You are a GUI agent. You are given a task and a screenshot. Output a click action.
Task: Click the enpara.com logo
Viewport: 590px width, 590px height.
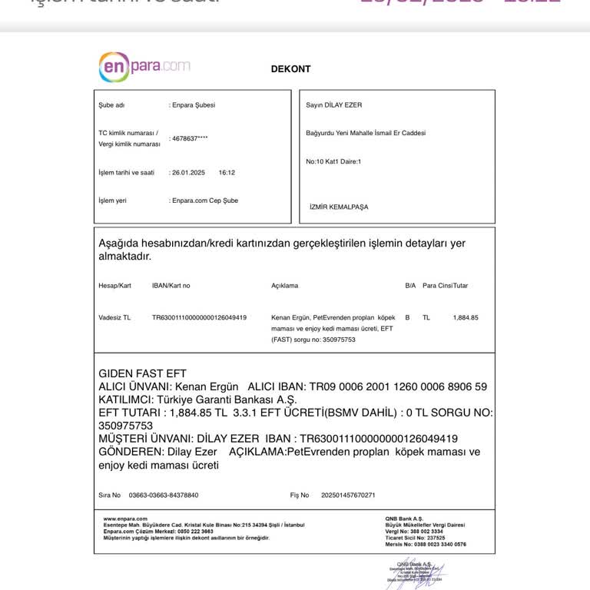pyautogui.click(x=144, y=67)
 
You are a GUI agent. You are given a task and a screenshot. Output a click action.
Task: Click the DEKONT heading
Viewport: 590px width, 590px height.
pyautogui.click(x=290, y=69)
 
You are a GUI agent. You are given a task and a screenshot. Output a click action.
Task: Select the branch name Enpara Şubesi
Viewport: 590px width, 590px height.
pyautogui.click(x=193, y=105)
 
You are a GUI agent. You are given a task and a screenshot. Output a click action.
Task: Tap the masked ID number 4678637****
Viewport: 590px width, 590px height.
pyautogui.click(x=190, y=139)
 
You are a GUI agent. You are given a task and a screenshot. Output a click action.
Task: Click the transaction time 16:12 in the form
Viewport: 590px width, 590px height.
pyautogui.click(x=227, y=173)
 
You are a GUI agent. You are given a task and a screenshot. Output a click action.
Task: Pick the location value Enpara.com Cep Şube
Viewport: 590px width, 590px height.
pyautogui.click(x=204, y=201)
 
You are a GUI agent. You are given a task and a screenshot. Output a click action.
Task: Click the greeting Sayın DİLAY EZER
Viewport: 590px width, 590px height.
pyautogui.click(x=333, y=105)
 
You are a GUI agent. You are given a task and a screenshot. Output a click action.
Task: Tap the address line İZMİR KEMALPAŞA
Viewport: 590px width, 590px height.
pyautogui.click(x=339, y=207)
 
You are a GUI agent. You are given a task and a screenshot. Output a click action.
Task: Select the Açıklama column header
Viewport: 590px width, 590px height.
pyautogui.click(x=284, y=286)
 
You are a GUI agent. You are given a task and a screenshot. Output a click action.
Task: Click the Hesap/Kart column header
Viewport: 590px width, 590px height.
pyautogui.click(x=114, y=286)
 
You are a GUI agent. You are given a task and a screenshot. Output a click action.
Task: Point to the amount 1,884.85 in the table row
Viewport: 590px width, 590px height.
pyautogui.click(x=466, y=317)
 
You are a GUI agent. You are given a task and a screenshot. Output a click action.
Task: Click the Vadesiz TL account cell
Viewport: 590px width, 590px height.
pyautogui.click(x=114, y=317)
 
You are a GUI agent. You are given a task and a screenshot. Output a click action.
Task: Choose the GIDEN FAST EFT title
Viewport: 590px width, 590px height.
pyautogui.click(x=143, y=373)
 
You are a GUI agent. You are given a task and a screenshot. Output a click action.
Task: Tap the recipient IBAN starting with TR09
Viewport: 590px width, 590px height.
pyautogui.click(x=397, y=386)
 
